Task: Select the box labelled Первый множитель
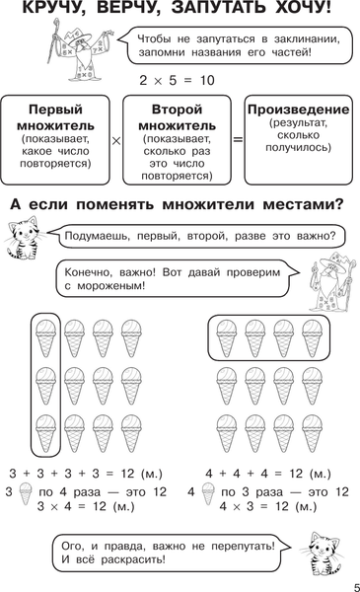54,140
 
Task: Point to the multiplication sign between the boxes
115,141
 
